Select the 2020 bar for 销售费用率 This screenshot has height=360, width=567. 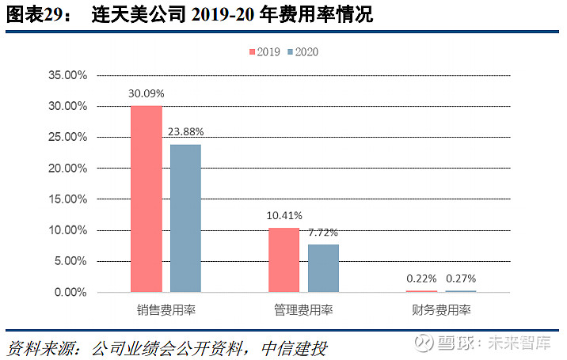pyautogui.click(x=185, y=218)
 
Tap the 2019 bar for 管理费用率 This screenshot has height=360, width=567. pyautogui.click(x=283, y=260)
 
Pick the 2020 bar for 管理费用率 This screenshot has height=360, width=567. pyautogui.click(x=323, y=268)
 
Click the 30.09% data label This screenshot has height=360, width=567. pyautogui.click(x=147, y=93)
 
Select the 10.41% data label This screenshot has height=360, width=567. pyautogui.click(x=284, y=215)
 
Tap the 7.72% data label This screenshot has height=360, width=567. pyautogui.click(x=323, y=233)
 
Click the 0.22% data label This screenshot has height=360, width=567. pyautogui.click(x=421, y=279)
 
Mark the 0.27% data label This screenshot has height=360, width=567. pyautogui.click(x=461, y=279)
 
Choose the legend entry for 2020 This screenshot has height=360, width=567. pyautogui.click(x=303, y=52)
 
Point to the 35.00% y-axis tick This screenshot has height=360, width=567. pyautogui.click(x=67, y=76)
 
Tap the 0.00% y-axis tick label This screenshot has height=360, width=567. pyautogui.click(x=70, y=292)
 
